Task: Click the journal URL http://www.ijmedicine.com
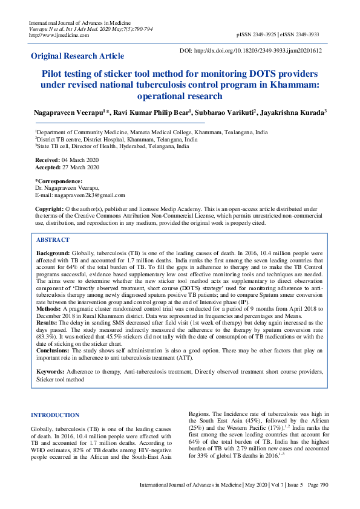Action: coord(59,34)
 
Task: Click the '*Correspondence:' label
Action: coord(59,181)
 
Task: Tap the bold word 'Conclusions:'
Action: coord(53,351)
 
